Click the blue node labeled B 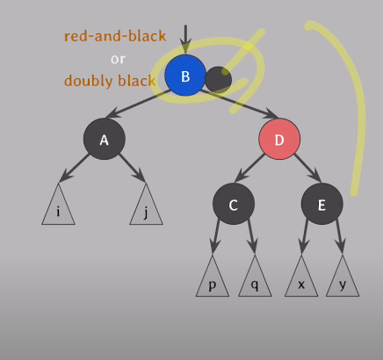pyautogui.click(x=185, y=76)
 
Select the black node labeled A pyautogui.click(x=105, y=139)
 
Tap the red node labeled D pyautogui.click(x=279, y=139)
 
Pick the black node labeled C pyautogui.click(x=234, y=204)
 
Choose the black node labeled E pyautogui.click(x=322, y=204)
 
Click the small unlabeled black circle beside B pyautogui.click(x=219, y=80)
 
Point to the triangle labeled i pyautogui.click(x=58, y=207)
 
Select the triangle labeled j pyautogui.click(x=146, y=207)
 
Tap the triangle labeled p pyautogui.click(x=213, y=279)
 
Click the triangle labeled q pyautogui.click(x=255, y=279)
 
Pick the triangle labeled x pyautogui.click(x=301, y=279)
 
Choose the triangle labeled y pyautogui.click(x=343, y=279)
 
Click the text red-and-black pyautogui.click(x=115, y=36)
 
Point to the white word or pyautogui.click(x=118, y=60)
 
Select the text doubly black pyautogui.click(x=110, y=81)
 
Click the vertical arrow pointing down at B pyautogui.click(x=185, y=40)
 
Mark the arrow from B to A pyautogui.click(x=138, y=104)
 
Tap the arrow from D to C pyautogui.click(x=250, y=168)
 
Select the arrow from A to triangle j pyautogui.click(x=133, y=168)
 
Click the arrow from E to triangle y pyautogui.click(x=340, y=236)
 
